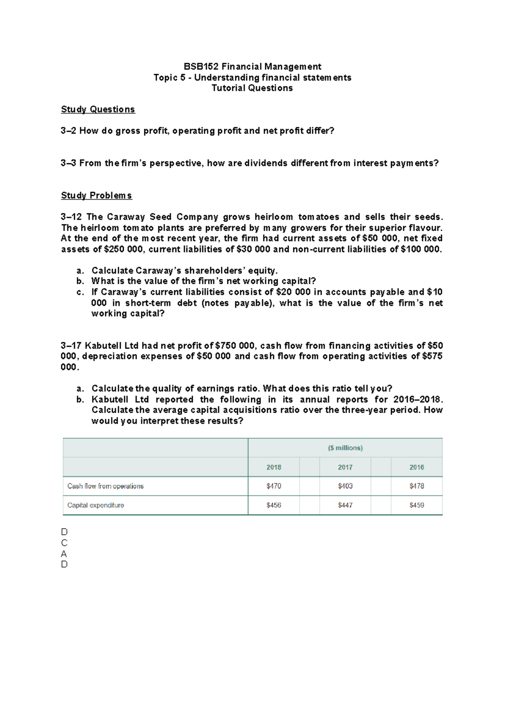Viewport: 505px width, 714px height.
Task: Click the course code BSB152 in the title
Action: [x=201, y=67]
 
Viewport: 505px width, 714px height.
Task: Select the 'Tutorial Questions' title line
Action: [x=252, y=88]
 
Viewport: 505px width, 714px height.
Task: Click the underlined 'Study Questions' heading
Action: [x=98, y=109]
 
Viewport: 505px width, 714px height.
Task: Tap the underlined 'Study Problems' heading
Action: [x=96, y=195]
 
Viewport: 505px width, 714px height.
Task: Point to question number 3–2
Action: [x=68, y=131]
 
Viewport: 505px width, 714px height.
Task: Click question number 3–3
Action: [x=68, y=163]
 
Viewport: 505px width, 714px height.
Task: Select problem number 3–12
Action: [x=71, y=217]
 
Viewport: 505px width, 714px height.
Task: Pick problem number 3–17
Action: [x=71, y=346]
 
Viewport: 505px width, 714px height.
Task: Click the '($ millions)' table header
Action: [x=345, y=448]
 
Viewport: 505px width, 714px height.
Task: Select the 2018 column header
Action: [x=274, y=467]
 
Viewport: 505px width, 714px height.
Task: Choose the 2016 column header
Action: [x=417, y=467]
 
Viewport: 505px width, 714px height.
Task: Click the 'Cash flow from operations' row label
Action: [x=105, y=486]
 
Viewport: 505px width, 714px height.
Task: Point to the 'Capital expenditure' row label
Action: [x=96, y=505]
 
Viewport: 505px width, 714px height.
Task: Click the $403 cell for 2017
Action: [x=345, y=486]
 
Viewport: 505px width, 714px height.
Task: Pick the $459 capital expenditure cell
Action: [x=417, y=505]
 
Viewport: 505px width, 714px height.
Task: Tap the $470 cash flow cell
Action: [x=274, y=486]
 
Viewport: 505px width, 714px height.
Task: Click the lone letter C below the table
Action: [x=64, y=543]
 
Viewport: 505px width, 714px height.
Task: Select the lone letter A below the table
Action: [x=64, y=554]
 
